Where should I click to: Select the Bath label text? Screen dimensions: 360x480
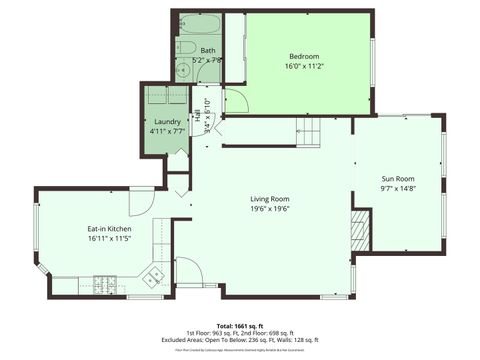pyautogui.click(x=207, y=50)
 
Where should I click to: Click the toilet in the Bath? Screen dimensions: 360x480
pyautogui.click(x=186, y=46)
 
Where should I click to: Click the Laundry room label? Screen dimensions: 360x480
pyautogui.click(x=167, y=122)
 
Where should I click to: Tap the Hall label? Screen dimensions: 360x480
pyautogui.click(x=197, y=118)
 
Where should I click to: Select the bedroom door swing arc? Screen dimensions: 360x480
pyautogui.click(x=236, y=101)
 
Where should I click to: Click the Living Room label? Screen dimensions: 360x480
pyautogui.click(x=269, y=199)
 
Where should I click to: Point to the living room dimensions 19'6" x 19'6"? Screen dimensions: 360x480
pyautogui.click(x=269, y=209)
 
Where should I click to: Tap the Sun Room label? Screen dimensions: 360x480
pyautogui.click(x=397, y=178)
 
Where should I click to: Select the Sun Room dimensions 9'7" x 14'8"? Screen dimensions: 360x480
pyautogui.click(x=397, y=188)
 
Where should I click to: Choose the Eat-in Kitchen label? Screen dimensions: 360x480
pyautogui.click(x=109, y=229)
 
